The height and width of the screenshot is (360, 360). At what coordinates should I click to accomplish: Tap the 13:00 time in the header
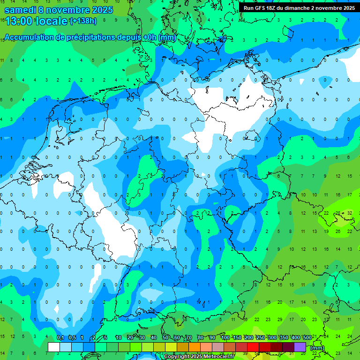[18, 22]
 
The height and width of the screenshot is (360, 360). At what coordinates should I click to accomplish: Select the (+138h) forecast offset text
[84, 21]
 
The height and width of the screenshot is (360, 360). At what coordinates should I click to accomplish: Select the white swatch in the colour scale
[54, 347]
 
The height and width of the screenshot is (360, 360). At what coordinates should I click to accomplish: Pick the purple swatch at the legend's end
[300, 347]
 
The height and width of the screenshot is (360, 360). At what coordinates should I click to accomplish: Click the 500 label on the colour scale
[307, 338]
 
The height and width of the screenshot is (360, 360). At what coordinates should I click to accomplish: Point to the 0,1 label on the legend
[60, 338]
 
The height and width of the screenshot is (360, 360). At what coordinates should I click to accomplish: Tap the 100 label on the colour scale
[225, 338]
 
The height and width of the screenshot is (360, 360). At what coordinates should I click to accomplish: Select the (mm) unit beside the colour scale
[317, 348]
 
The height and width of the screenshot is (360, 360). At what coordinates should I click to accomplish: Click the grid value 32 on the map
[350, 212]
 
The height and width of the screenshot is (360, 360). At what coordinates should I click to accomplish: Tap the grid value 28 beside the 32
[338, 212]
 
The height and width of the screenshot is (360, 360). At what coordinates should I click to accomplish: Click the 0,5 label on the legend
[72, 338]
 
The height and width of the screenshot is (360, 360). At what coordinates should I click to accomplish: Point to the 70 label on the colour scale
[189, 338]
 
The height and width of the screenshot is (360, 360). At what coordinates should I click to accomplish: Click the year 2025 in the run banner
[347, 8]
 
